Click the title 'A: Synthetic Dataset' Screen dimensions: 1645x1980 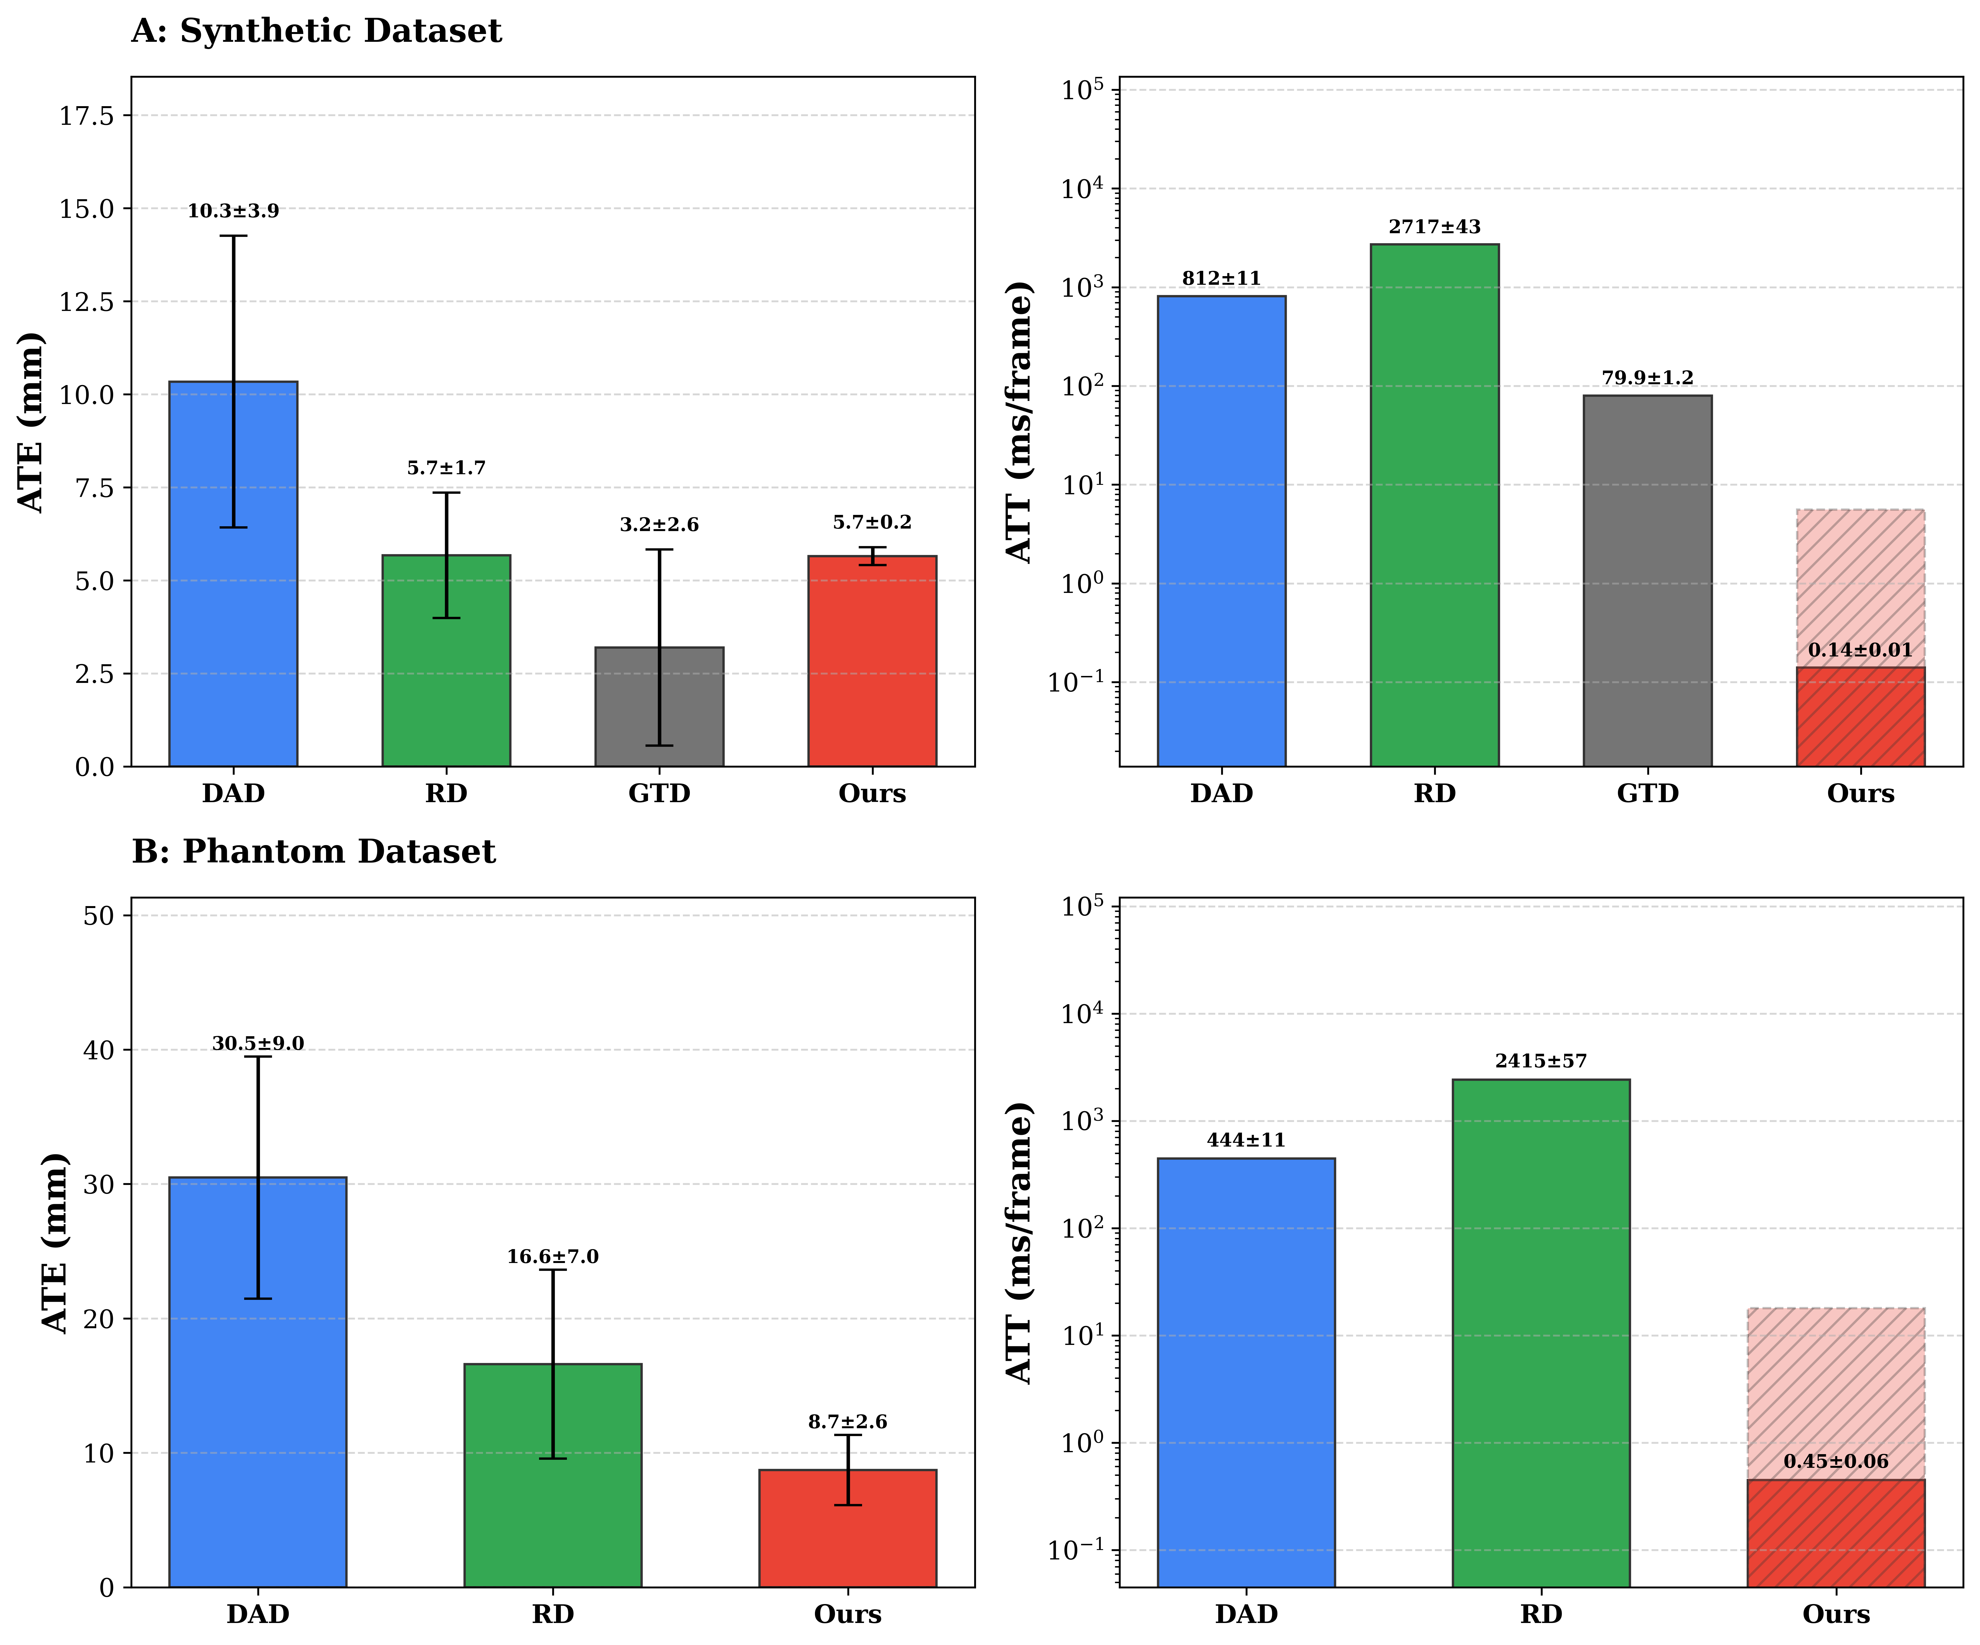[x=316, y=31]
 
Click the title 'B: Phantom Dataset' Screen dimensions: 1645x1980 [x=313, y=851]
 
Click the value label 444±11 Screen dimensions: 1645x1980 [x=1246, y=1140]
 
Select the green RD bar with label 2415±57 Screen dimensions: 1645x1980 [x=1541, y=1320]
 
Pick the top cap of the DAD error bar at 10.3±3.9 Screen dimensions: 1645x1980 [x=233, y=236]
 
